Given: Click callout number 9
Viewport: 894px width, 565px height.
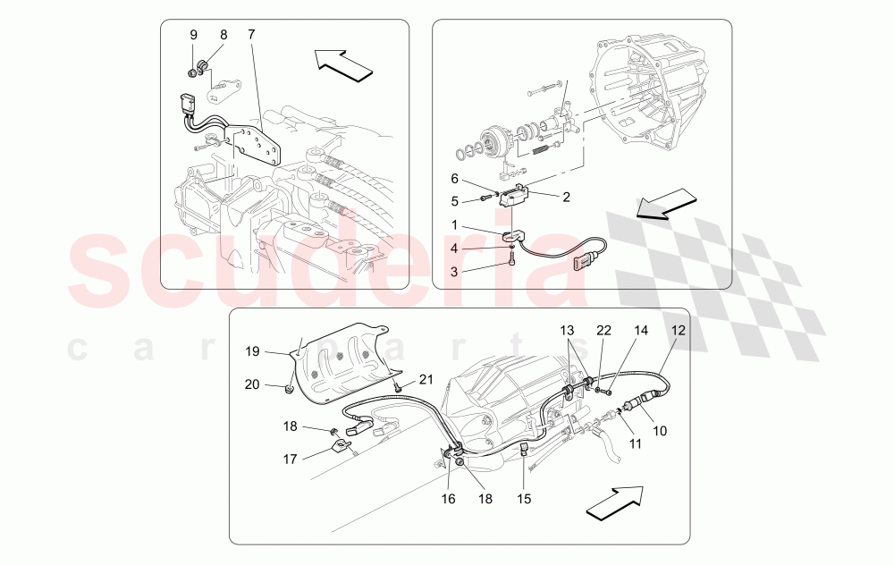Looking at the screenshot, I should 193,35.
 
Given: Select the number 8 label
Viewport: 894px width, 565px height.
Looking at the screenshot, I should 223,35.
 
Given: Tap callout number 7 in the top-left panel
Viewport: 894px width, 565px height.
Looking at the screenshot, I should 251,35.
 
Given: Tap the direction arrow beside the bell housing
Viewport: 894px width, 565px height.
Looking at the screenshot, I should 666,202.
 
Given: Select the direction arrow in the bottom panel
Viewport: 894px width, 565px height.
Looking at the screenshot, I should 617,502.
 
